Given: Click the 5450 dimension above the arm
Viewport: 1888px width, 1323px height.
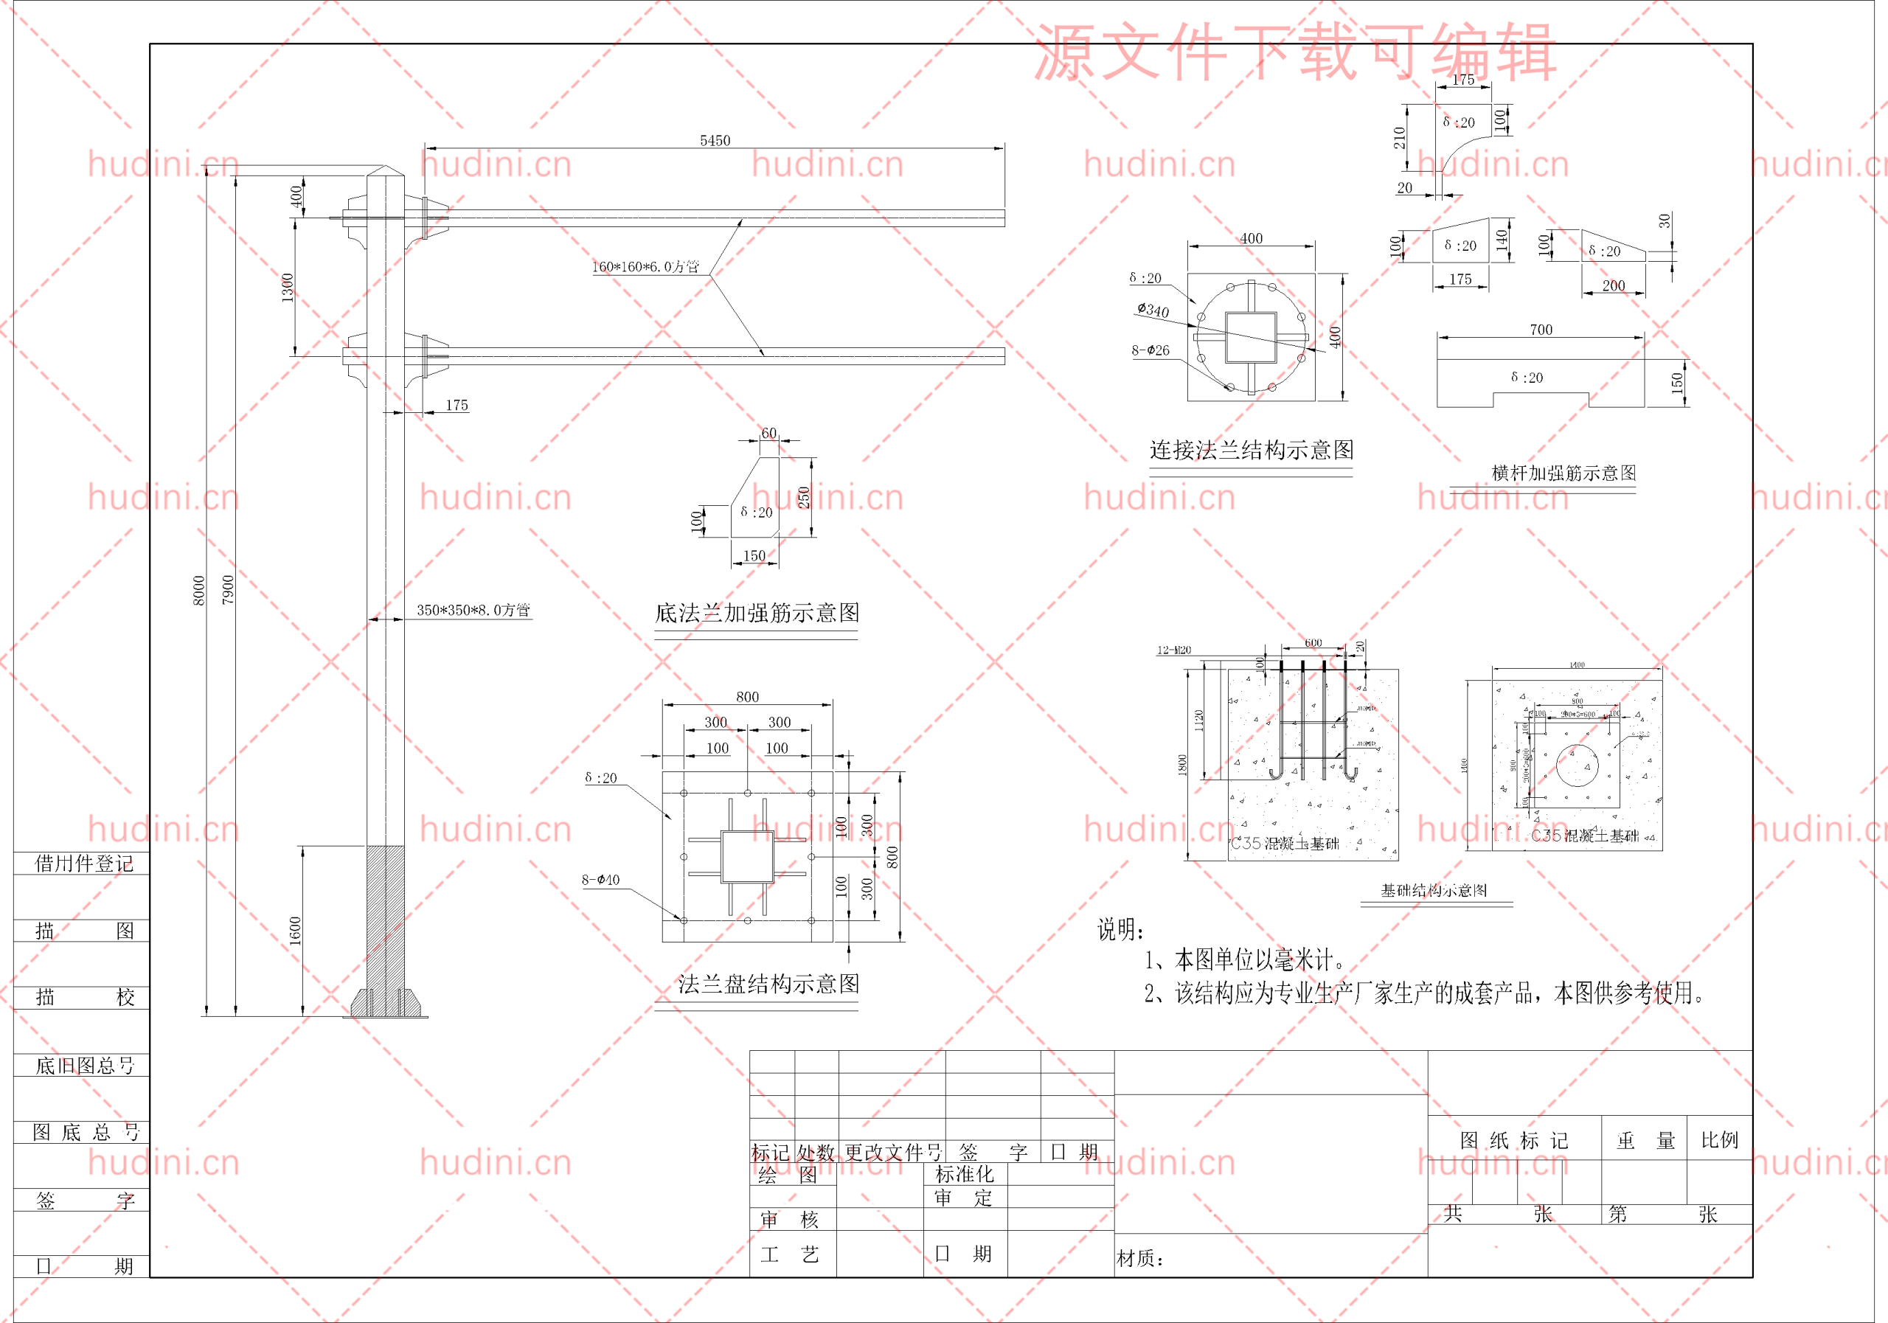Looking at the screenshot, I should click(715, 141).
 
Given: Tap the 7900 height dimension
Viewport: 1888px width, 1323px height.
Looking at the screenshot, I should click(228, 589).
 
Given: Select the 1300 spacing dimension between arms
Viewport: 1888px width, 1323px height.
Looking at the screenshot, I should click(287, 288).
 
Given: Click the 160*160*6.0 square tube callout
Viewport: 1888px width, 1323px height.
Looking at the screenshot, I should click(645, 266).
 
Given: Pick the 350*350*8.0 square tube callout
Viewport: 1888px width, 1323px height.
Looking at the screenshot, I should click(473, 610).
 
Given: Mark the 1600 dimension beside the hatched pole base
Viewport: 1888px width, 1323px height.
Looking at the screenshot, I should click(295, 931).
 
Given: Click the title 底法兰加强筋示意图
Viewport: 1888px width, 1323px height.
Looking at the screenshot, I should click(757, 613).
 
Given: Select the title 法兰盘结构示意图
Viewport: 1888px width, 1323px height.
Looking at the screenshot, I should click(768, 984).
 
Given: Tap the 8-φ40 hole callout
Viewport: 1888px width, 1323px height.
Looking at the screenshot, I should click(600, 880).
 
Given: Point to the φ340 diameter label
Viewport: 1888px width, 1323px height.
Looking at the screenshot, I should click(1153, 310).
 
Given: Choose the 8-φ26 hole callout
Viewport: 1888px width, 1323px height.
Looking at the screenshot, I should click(1150, 350).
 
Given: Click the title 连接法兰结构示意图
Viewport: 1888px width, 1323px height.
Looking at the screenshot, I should click(1251, 450).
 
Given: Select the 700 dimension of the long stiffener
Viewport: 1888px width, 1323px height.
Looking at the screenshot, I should click(1541, 330).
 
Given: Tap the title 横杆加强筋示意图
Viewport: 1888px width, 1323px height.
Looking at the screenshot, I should click(1563, 473).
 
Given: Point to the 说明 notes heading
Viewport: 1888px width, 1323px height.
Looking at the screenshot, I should click(1120, 930).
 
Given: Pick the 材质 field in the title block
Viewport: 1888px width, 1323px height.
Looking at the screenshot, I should click(1139, 1258).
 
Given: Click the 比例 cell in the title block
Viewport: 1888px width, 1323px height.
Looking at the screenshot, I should click(1719, 1139).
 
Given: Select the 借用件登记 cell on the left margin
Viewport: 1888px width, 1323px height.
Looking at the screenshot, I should click(83, 864).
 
